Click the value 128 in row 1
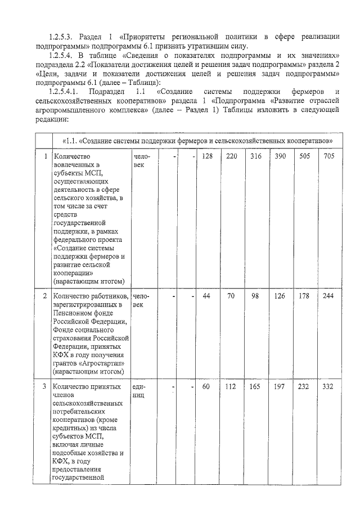tap(207, 156)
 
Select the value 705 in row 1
tap(328, 156)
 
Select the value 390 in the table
tap(280, 156)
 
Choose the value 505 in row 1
tap(304, 156)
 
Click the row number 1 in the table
tap(45, 156)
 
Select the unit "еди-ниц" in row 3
tap(139, 391)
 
